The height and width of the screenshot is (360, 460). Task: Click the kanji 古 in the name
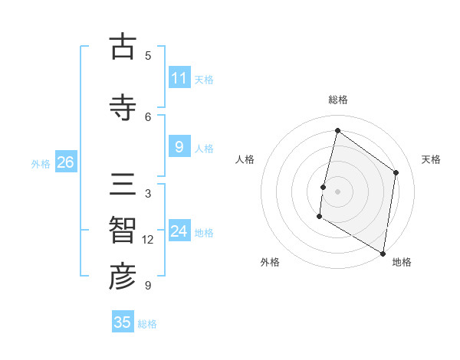point(123,47)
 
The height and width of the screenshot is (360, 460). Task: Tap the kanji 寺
point(123,107)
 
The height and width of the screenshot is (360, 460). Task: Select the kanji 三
point(123,186)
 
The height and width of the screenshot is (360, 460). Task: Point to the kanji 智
point(123,231)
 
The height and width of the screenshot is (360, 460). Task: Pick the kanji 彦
point(123,277)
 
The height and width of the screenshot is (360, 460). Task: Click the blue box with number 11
point(179,78)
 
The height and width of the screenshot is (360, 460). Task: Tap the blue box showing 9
point(179,147)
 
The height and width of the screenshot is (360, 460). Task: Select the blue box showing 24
point(179,231)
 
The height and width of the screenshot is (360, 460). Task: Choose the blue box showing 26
point(65,162)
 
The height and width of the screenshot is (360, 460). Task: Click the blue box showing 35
point(123,322)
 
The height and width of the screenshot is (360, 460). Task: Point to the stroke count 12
point(148,240)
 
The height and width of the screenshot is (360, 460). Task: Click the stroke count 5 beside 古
point(148,55)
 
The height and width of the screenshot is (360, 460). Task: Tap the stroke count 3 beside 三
point(148,194)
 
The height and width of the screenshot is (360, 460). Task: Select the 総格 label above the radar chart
point(338,100)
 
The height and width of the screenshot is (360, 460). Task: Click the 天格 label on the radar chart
point(431,159)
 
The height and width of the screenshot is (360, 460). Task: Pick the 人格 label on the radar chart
point(245,159)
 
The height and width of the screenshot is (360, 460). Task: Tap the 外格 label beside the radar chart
point(269,263)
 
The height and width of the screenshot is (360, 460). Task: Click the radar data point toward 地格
point(383,253)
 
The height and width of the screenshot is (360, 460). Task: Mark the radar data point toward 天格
point(396,172)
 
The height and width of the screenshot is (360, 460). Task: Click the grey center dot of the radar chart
point(337,191)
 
